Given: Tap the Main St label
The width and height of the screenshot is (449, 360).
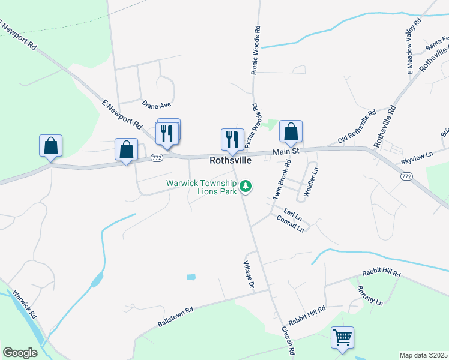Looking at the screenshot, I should click(286, 152).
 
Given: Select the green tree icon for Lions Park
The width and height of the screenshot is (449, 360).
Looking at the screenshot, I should click(245, 187).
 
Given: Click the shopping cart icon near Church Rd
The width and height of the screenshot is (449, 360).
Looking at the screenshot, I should click(342, 337).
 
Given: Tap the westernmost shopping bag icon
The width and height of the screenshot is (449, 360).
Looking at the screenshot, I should click(51, 146).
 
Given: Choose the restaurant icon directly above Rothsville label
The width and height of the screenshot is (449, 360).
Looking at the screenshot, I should click(232, 140).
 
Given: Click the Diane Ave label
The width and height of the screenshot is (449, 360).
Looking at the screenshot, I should click(157, 106).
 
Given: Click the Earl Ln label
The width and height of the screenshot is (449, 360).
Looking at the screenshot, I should click(293, 215).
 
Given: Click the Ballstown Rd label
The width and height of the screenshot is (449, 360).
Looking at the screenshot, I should click(175, 317).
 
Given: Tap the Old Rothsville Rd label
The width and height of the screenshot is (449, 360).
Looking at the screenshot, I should click(357, 127).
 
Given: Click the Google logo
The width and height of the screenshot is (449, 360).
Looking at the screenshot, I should click(20, 353).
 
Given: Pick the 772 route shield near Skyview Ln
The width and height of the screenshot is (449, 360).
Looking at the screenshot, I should click(406, 176).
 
